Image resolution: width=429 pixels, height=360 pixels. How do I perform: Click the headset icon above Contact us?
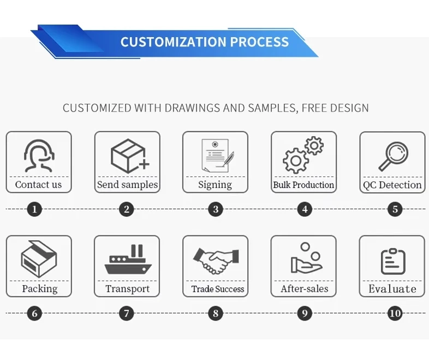(x=39, y=155)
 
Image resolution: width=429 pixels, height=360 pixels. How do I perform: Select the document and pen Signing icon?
(x=216, y=155)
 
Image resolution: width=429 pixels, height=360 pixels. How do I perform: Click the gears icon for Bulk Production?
(x=303, y=155)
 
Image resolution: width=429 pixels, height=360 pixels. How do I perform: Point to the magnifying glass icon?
(x=393, y=156)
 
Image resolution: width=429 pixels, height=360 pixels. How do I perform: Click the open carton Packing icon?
(x=38, y=259)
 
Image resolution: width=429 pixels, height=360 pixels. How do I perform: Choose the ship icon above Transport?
(x=127, y=260)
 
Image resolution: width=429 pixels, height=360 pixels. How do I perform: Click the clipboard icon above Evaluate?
(x=393, y=261)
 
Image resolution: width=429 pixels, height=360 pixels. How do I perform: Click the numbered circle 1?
(x=34, y=209)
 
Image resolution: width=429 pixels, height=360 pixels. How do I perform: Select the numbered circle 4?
(x=305, y=209)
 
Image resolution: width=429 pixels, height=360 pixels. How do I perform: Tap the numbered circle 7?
(x=127, y=314)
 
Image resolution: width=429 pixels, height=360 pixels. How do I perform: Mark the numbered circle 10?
(x=394, y=314)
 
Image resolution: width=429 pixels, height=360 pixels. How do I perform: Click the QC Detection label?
(x=392, y=185)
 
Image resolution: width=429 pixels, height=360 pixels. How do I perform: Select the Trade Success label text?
(x=217, y=289)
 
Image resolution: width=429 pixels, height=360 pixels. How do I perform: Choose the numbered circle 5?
(x=395, y=209)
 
